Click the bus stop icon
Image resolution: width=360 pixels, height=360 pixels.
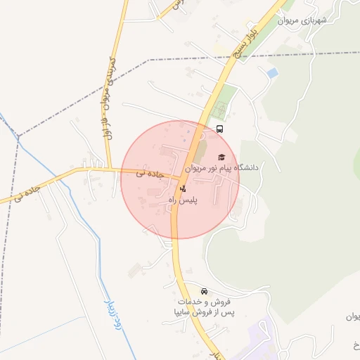[220, 129]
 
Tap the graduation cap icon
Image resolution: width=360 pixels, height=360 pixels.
[222, 157]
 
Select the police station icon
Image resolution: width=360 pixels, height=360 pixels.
[184, 188]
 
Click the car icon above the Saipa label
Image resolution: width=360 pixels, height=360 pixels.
[204, 291]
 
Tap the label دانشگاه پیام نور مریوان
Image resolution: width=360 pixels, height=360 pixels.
[222, 168]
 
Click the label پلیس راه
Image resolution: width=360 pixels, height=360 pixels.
[183, 200]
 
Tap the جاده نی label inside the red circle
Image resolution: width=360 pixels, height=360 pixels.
[150, 172]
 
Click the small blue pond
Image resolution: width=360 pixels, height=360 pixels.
[271, 72]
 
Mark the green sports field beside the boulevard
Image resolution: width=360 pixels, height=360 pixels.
[220, 110]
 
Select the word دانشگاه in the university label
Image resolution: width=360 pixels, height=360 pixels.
[245, 168]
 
